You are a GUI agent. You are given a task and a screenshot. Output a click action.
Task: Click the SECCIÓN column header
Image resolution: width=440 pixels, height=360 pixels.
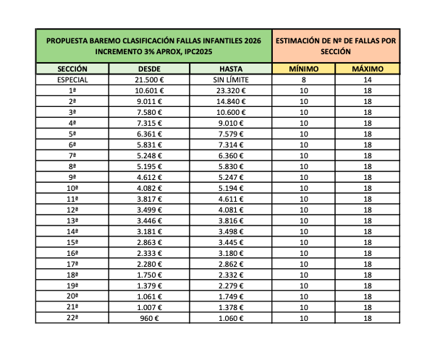pyautogui.click(x=72, y=69)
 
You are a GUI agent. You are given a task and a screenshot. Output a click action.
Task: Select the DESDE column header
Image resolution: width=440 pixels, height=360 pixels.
pyautogui.click(x=150, y=69)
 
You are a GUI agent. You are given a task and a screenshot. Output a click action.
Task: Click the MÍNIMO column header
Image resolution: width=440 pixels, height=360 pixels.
pyautogui.click(x=303, y=69)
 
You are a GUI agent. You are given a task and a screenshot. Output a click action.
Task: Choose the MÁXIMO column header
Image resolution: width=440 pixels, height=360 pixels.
pyautogui.click(x=368, y=69)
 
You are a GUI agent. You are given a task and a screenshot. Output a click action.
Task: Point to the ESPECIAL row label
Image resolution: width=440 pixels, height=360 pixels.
pyautogui.click(x=72, y=80)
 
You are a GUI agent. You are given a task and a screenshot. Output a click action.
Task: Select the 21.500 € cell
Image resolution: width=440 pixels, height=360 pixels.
pyautogui.click(x=150, y=80)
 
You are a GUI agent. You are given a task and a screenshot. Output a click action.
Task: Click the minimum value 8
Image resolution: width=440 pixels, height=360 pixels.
pyautogui.click(x=303, y=80)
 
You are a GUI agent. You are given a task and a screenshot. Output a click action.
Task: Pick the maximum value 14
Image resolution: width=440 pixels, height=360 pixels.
pyautogui.click(x=368, y=80)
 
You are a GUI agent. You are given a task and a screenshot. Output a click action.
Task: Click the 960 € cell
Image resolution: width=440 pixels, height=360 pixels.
pyautogui.click(x=150, y=318)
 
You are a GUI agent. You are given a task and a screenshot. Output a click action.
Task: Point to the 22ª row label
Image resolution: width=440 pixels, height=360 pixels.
pyautogui.click(x=72, y=318)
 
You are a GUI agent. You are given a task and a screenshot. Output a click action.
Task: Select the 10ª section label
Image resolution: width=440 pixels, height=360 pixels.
pyautogui.click(x=72, y=188)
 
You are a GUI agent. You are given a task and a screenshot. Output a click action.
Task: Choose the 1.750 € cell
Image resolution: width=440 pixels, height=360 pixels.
pyautogui.click(x=150, y=275)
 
